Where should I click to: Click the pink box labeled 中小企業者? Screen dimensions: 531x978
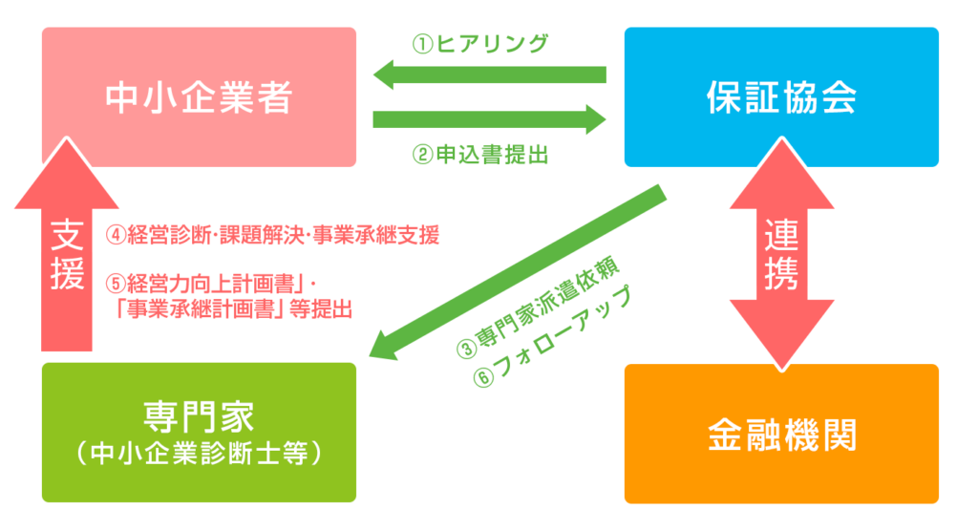point(199,96)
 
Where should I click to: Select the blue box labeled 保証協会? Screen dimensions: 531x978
point(781,96)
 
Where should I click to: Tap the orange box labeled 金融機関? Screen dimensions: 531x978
point(781,434)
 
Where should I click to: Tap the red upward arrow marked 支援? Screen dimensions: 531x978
point(67,253)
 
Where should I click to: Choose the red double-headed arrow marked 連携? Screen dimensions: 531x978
point(781,253)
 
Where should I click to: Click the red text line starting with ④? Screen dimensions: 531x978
point(272,234)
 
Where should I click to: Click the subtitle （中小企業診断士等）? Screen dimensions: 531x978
point(199,454)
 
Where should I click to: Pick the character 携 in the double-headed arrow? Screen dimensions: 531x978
point(781,272)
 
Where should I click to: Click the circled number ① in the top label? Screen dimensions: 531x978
point(421,44)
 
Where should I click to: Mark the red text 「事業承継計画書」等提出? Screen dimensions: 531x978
point(234,308)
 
